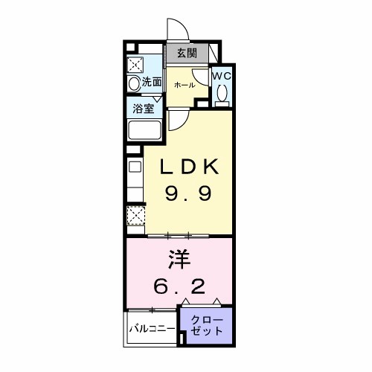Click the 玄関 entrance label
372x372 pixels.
[187, 53]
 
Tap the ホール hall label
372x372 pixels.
[185, 86]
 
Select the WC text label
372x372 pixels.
[222, 76]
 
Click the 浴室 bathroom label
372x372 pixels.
[144, 107]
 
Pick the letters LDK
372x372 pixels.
[188, 164]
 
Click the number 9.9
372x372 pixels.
[188, 193]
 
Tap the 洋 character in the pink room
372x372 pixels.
[179, 260]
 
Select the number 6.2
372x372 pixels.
[179, 286]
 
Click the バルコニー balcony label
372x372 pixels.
[152, 327]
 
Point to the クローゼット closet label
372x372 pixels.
[206, 325]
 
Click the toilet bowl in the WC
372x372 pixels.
[222, 94]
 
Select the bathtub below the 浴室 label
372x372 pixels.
[145, 131]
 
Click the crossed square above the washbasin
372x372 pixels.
[136, 63]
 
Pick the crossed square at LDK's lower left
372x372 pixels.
[135, 216]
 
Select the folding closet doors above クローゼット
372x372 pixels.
[203, 302]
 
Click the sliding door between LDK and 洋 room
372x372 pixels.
[179, 235]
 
